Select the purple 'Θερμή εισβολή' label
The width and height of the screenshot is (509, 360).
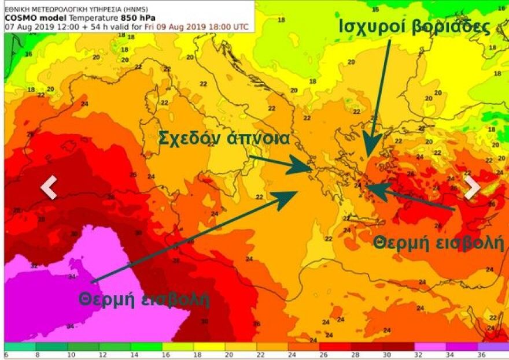(x=144, y=299)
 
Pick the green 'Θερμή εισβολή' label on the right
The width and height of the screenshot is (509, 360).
(x=438, y=243)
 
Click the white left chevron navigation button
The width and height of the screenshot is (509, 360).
(x=49, y=187)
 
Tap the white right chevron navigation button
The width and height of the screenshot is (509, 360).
(x=472, y=187)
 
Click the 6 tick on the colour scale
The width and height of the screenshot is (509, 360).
(x=6, y=355)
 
